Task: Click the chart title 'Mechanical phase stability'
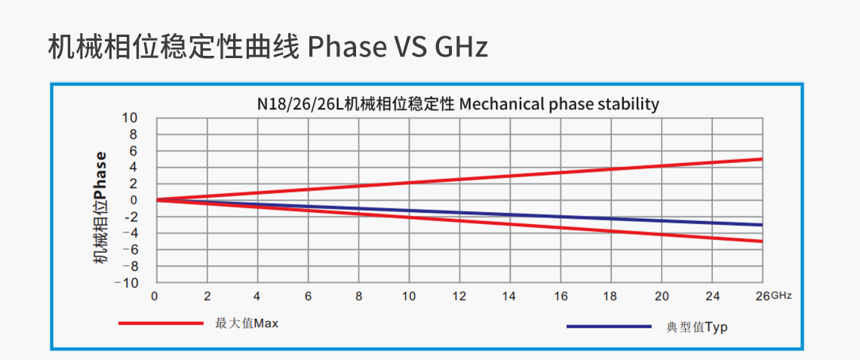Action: click(x=558, y=104)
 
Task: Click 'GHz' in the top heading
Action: click(x=461, y=47)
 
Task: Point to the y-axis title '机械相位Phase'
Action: click(x=100, y=207)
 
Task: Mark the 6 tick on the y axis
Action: click(x=134, y=151)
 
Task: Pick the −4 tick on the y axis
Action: click(x=130, y=233)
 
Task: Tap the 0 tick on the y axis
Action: click(x=134, y=200)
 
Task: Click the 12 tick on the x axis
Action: click(x=459, y=296)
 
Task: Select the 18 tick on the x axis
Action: click(x=610, y=296)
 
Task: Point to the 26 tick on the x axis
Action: click(x=761, y=296)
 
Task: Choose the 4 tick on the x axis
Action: click(x=257, y=296)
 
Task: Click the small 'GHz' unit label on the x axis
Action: click(x=781, y=296)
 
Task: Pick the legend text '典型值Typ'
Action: click(x=697, y=328)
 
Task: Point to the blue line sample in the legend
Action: click(x=608, y=326)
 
